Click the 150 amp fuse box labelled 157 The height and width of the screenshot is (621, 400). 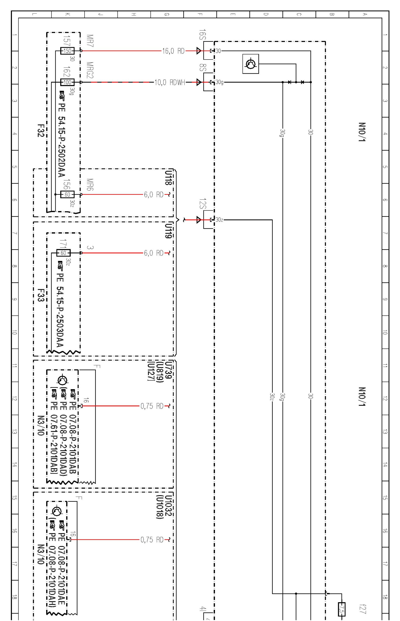pyautogui.click(x=67, y=51)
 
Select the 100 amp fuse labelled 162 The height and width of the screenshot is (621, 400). pyautogui.click(x=67, y=82)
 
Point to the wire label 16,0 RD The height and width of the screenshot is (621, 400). pyautogui.click(x=173, y=51)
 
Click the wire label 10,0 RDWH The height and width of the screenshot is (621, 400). pyautogui.click(x=170, y=82)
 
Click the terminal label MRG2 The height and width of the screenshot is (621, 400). pyautogui.click(x=90, y=70)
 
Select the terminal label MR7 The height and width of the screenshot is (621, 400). pyautogui.click(x=90, y=41)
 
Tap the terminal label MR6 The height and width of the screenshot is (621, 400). pyautogui.click(x=90, y=185)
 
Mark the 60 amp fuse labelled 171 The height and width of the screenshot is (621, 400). pyautogui.click(x=63, y=253)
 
